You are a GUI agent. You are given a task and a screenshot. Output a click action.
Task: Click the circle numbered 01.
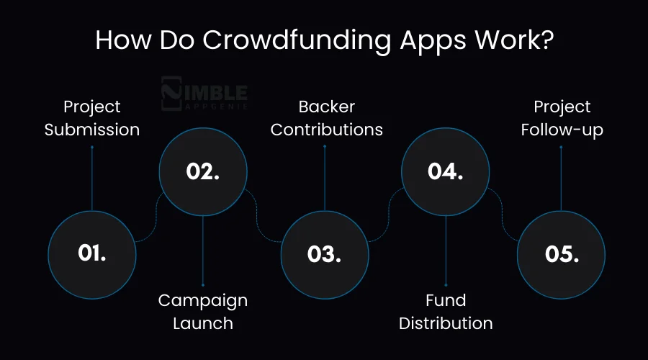[x=91, y=253]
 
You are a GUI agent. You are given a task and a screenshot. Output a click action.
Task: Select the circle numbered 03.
[x=324, y=253]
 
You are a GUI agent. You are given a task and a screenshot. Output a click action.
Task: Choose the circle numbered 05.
[x=561, y=253]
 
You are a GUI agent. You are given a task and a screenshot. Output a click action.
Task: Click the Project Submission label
[x=92, y=118]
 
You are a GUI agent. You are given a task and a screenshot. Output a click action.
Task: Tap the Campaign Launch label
[x=203, y=311]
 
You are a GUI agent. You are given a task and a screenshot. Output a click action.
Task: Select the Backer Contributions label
[x=326, y=118]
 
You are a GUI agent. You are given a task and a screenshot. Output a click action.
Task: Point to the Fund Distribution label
[x=446, y=311]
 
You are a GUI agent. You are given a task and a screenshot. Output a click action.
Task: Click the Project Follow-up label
[x=562, y=118]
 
